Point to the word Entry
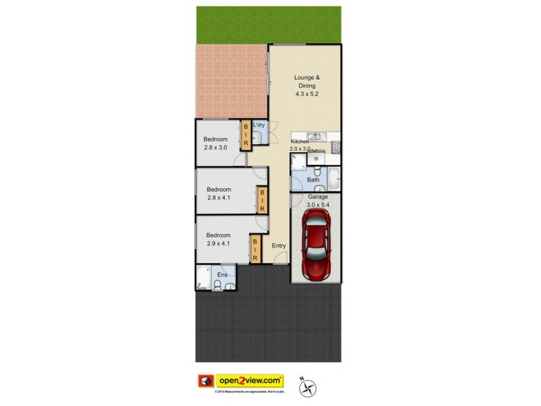coord(279,246)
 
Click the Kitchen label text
coord(300,141)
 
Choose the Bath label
coord(313,180)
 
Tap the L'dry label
coord(259,126)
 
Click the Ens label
coord(222,275)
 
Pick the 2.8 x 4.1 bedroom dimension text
coord(219,198)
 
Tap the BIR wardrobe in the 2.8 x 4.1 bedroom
coord(262,200)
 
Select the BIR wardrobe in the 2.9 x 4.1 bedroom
coord(256,250)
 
